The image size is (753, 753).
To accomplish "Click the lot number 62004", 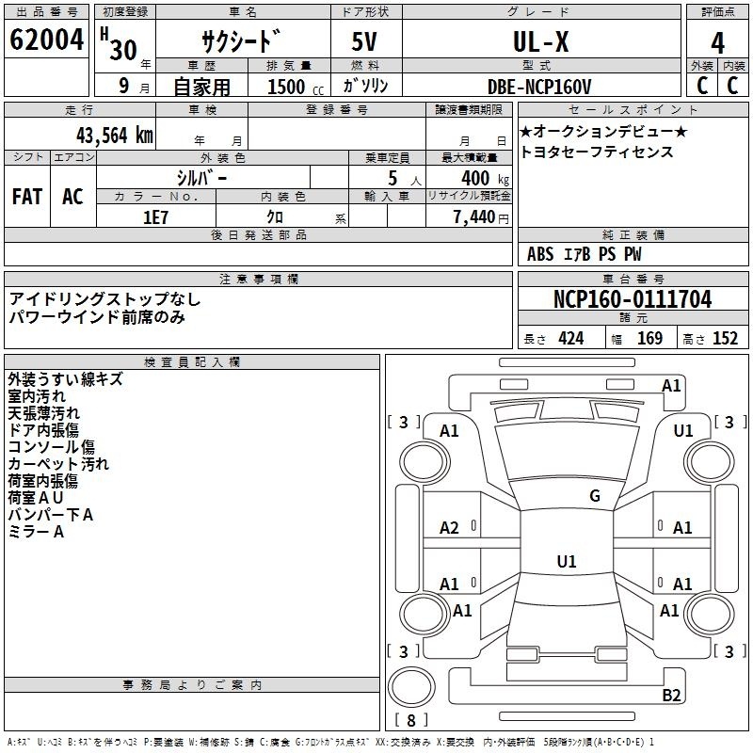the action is point(46,40).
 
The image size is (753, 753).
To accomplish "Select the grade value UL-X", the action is point(540,41).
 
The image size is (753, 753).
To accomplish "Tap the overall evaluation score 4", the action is point(717,43).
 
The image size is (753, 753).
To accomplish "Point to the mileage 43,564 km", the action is point(115,136).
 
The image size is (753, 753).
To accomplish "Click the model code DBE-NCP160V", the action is point(539,87).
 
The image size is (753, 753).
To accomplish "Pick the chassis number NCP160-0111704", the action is point(633,299).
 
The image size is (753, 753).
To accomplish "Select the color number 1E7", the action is point(155,217).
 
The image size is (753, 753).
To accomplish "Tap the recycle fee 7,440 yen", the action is point(481,217).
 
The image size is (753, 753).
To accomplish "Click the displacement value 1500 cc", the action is point(296,87).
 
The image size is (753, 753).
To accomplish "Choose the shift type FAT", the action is point(27,197).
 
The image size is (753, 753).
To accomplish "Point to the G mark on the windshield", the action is point(595,495).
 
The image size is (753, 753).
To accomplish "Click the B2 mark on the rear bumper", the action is point(671,695).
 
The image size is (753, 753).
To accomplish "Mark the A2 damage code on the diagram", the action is point(449,528).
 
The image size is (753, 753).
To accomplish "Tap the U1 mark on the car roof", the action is point(567,561).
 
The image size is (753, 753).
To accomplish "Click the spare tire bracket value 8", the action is point(411,720).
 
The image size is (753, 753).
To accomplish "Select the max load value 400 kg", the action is point(485,179).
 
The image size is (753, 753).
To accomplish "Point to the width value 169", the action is point(649,339).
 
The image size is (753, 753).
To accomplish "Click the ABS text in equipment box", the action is point(540,254).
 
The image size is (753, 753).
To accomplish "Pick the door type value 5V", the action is point(364,41).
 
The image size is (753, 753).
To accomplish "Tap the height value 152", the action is point(725,339).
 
